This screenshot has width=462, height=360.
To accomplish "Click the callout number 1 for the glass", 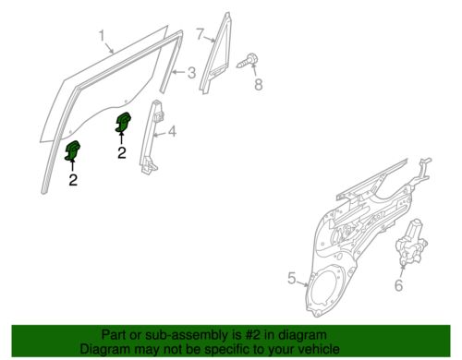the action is tap(103, 35).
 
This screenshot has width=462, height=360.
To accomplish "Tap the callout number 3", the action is tap(191, 73).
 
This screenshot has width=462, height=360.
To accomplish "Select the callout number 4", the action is tap(172, 131).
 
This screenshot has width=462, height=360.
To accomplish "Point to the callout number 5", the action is tap(291, 278).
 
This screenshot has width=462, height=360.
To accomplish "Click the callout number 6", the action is tap(398, 285).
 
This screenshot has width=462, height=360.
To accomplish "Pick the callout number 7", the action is tap(200, 34).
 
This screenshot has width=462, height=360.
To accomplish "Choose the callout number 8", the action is tap(258, 84).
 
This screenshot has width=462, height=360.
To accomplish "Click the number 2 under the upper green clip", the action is tap(122, 152).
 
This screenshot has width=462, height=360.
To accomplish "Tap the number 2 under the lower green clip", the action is tap(73, 180).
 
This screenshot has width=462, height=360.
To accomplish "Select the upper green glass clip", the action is tap(123, 122).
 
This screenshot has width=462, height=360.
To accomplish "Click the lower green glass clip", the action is tap(72, 150).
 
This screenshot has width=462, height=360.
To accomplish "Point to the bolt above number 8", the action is tap(247, 61).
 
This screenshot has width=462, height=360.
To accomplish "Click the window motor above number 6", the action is tap(411, 243).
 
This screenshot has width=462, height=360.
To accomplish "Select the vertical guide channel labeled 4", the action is tap(152, 137).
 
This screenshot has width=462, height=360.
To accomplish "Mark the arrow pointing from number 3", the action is tap(179, 73).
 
